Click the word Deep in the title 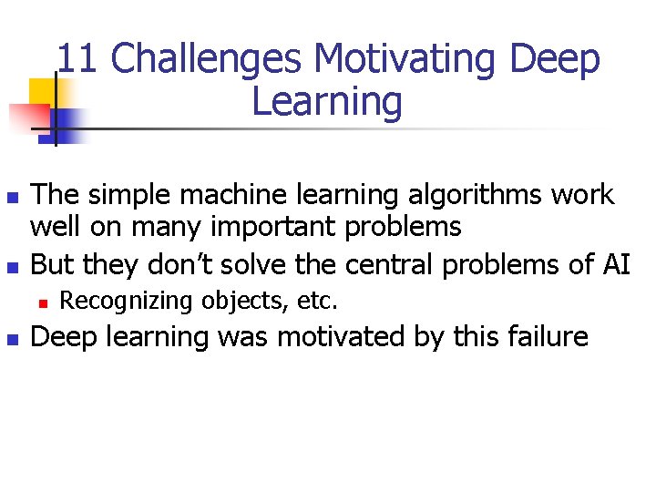[556, 60]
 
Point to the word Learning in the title [326, 102]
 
